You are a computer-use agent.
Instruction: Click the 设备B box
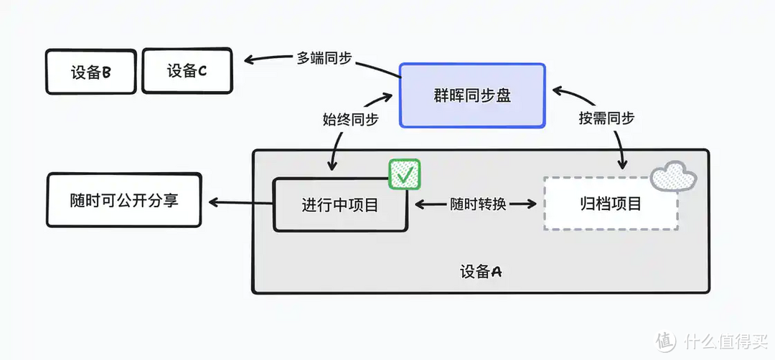click(x=90, y=72)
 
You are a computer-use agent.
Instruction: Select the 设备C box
click(x=187, y=71)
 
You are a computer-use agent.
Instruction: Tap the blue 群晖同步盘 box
click(x=472, y=95)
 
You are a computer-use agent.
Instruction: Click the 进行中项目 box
click(x=339, y=204)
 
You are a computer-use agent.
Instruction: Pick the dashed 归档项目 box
click(x=610, y=203)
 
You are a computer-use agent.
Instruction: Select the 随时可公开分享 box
click(x=123, y=200)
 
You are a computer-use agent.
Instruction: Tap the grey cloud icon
click(x=674, y=174)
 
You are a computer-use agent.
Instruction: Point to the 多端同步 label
click(x=324, y=58)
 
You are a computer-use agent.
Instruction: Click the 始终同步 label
click(x=350, y=119)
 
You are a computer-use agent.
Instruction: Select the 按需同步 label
click(x=606, y=118)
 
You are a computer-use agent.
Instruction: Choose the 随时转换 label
click(x=479, y=204)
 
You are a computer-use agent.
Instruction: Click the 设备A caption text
click(x=480, y=272)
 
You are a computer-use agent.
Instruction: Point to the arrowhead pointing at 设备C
click(x=248, y=60)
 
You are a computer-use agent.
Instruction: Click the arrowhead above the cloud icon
click(x=623, y=164)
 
